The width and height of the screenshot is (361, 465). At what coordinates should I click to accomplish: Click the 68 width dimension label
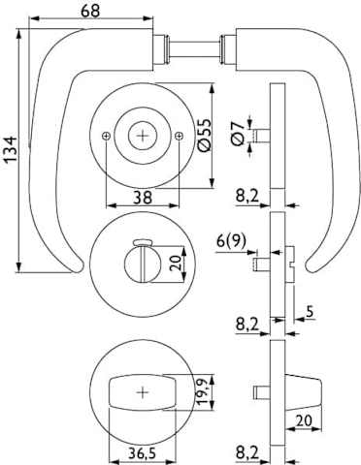pyautogui.click(x=90, y=11)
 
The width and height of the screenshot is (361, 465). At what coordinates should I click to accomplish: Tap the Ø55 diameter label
pyautogui.click(x=204, y=135)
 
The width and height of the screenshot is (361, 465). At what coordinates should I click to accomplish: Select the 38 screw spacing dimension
pyautogui.click(x=142, y=197)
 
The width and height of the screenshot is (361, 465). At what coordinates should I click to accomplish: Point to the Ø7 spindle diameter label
pyautogui.click(x=238, y=135)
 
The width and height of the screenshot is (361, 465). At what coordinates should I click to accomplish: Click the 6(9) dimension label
pyautogui.click(x=231, y=240)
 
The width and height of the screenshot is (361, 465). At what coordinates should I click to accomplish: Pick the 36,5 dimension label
pyautogui.click(x=142, y=453)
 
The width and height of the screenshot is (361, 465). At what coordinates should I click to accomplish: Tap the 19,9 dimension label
pyautogui.click(x=203, y=392)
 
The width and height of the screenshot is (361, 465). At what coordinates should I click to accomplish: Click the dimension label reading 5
pyautogui.click(x=310, y=312)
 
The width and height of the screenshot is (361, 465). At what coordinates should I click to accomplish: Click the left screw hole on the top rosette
pyautogui.click(x=106, y=137)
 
